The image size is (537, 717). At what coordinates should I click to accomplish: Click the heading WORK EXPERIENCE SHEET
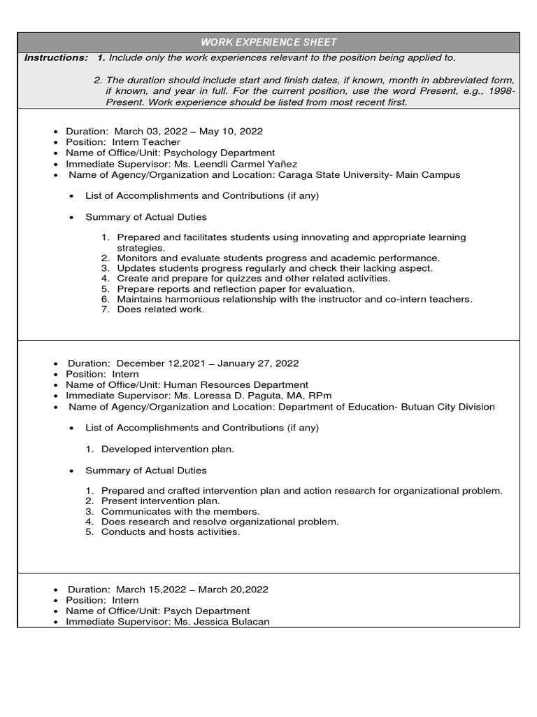pos(268,43)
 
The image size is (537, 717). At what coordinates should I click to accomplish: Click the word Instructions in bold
pos(56,57)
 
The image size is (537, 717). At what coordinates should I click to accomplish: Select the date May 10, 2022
pos(233,131)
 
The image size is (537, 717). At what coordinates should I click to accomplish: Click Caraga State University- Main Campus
pos(369,175)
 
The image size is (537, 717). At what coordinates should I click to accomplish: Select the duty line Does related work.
pos(161,309)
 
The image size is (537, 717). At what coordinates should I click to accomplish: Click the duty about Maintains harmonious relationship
pos(294,299)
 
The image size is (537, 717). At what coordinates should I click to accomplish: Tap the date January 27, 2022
pos(258,363)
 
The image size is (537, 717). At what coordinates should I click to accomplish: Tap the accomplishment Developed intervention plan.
pos(168,449)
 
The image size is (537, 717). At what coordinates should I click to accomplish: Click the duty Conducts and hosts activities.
pos(171,531)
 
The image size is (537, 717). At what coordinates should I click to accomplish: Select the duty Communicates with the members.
pos(180,511)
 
